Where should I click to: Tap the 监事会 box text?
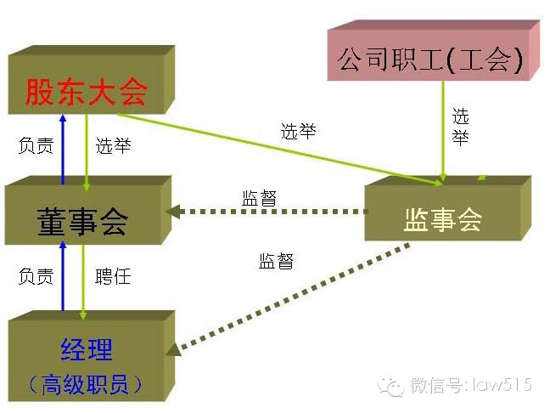pos(442,219)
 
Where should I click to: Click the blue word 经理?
pos(87,348)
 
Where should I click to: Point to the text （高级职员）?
pos(85,384)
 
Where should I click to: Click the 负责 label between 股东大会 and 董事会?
pos(36,145)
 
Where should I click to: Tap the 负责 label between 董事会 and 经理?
pos(36,276)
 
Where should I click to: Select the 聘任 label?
pos(113,276)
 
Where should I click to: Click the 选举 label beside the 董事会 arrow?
pos(113,145)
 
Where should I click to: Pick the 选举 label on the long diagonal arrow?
pos(298,131)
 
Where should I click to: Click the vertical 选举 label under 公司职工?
pos(460,127)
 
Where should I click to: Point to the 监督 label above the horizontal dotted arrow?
pos(259,197)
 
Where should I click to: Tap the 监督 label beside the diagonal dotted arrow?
pos(276,261)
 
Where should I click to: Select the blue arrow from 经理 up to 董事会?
pos(62,276)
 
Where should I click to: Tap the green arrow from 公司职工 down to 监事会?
pos(443,136)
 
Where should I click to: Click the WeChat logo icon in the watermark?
pos(392,387)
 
